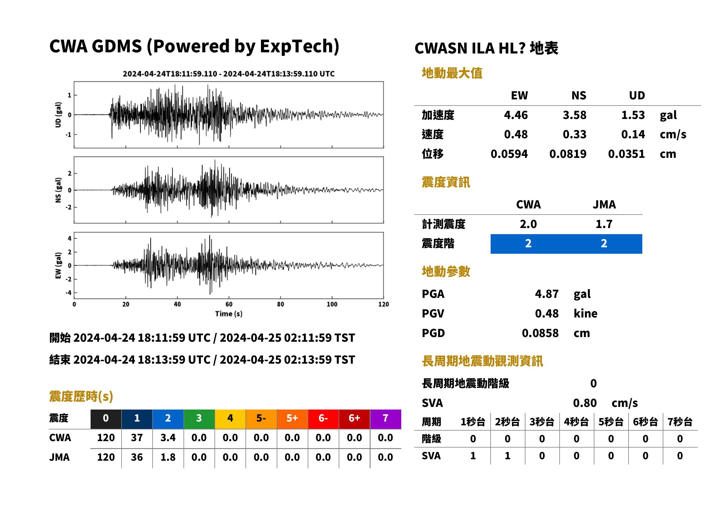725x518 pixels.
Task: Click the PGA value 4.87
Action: (x=546, y=294)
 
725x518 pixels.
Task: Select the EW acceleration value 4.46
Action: (x=515, y=115)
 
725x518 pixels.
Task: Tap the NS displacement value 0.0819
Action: (x=567, y=154)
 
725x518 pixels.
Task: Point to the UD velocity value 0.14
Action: (x=633, y=134)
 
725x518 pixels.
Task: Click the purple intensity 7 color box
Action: (x=385, y=419)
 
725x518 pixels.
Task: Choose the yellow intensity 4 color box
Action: (x=230, y=419)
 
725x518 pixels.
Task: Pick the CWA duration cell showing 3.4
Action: (x=168, y=438)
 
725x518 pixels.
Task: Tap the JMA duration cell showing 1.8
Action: (x=168, y=457)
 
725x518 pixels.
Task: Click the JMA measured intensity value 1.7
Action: (x=604, y=224)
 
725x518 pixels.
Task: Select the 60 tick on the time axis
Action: (x=229, y=304)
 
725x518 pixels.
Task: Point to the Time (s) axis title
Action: (x=229, y=314)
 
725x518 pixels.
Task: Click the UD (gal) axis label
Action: (x=58, y=115)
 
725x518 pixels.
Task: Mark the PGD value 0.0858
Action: (x=540, y=333)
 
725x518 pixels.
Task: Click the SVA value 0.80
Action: (x=585, y=403)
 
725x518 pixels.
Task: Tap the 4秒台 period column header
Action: (x=576, y=422)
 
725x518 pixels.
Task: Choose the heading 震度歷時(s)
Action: (x=81, y=396)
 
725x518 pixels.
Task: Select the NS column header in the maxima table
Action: (x=579, y=96)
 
